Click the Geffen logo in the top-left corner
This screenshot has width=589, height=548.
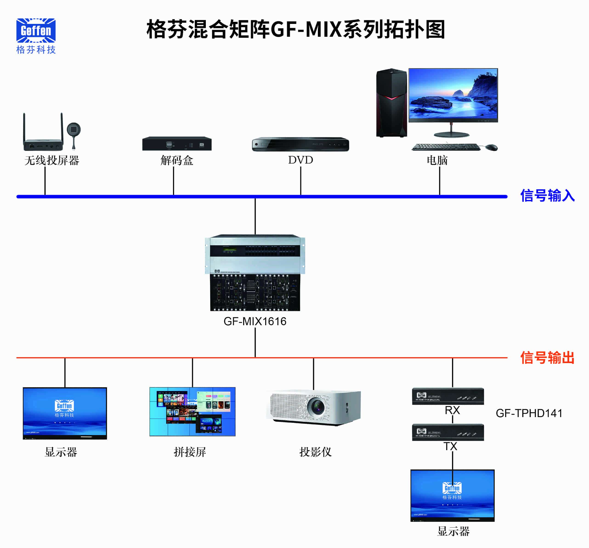pos(36,31)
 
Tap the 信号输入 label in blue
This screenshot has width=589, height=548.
pos(547,196)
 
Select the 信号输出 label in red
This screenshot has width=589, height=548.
pos(547,358)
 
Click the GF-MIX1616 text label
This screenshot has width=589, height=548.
pos(255,321)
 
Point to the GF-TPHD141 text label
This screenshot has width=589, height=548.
pos(529,413)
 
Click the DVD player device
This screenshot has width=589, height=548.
pos(300,144)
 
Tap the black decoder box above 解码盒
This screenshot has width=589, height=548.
pos(177,144)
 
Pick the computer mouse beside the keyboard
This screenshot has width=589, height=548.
pos(492,147)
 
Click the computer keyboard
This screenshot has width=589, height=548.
pos(446,147)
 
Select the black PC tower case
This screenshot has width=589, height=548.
pos(391,103)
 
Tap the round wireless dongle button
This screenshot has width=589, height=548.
pos(74,130)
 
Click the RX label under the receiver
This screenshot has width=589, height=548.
pos(452,410)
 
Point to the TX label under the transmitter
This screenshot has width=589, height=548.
pos(450,446)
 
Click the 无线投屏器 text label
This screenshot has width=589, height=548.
pos(52,161)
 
